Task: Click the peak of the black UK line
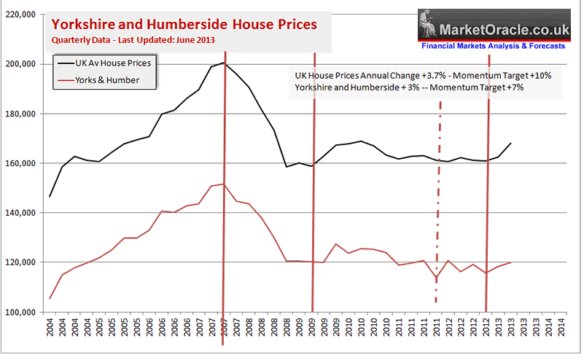225,63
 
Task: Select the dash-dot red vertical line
440,204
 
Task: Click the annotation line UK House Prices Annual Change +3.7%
412,76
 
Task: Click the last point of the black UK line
510,143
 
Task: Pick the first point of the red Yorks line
50,299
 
